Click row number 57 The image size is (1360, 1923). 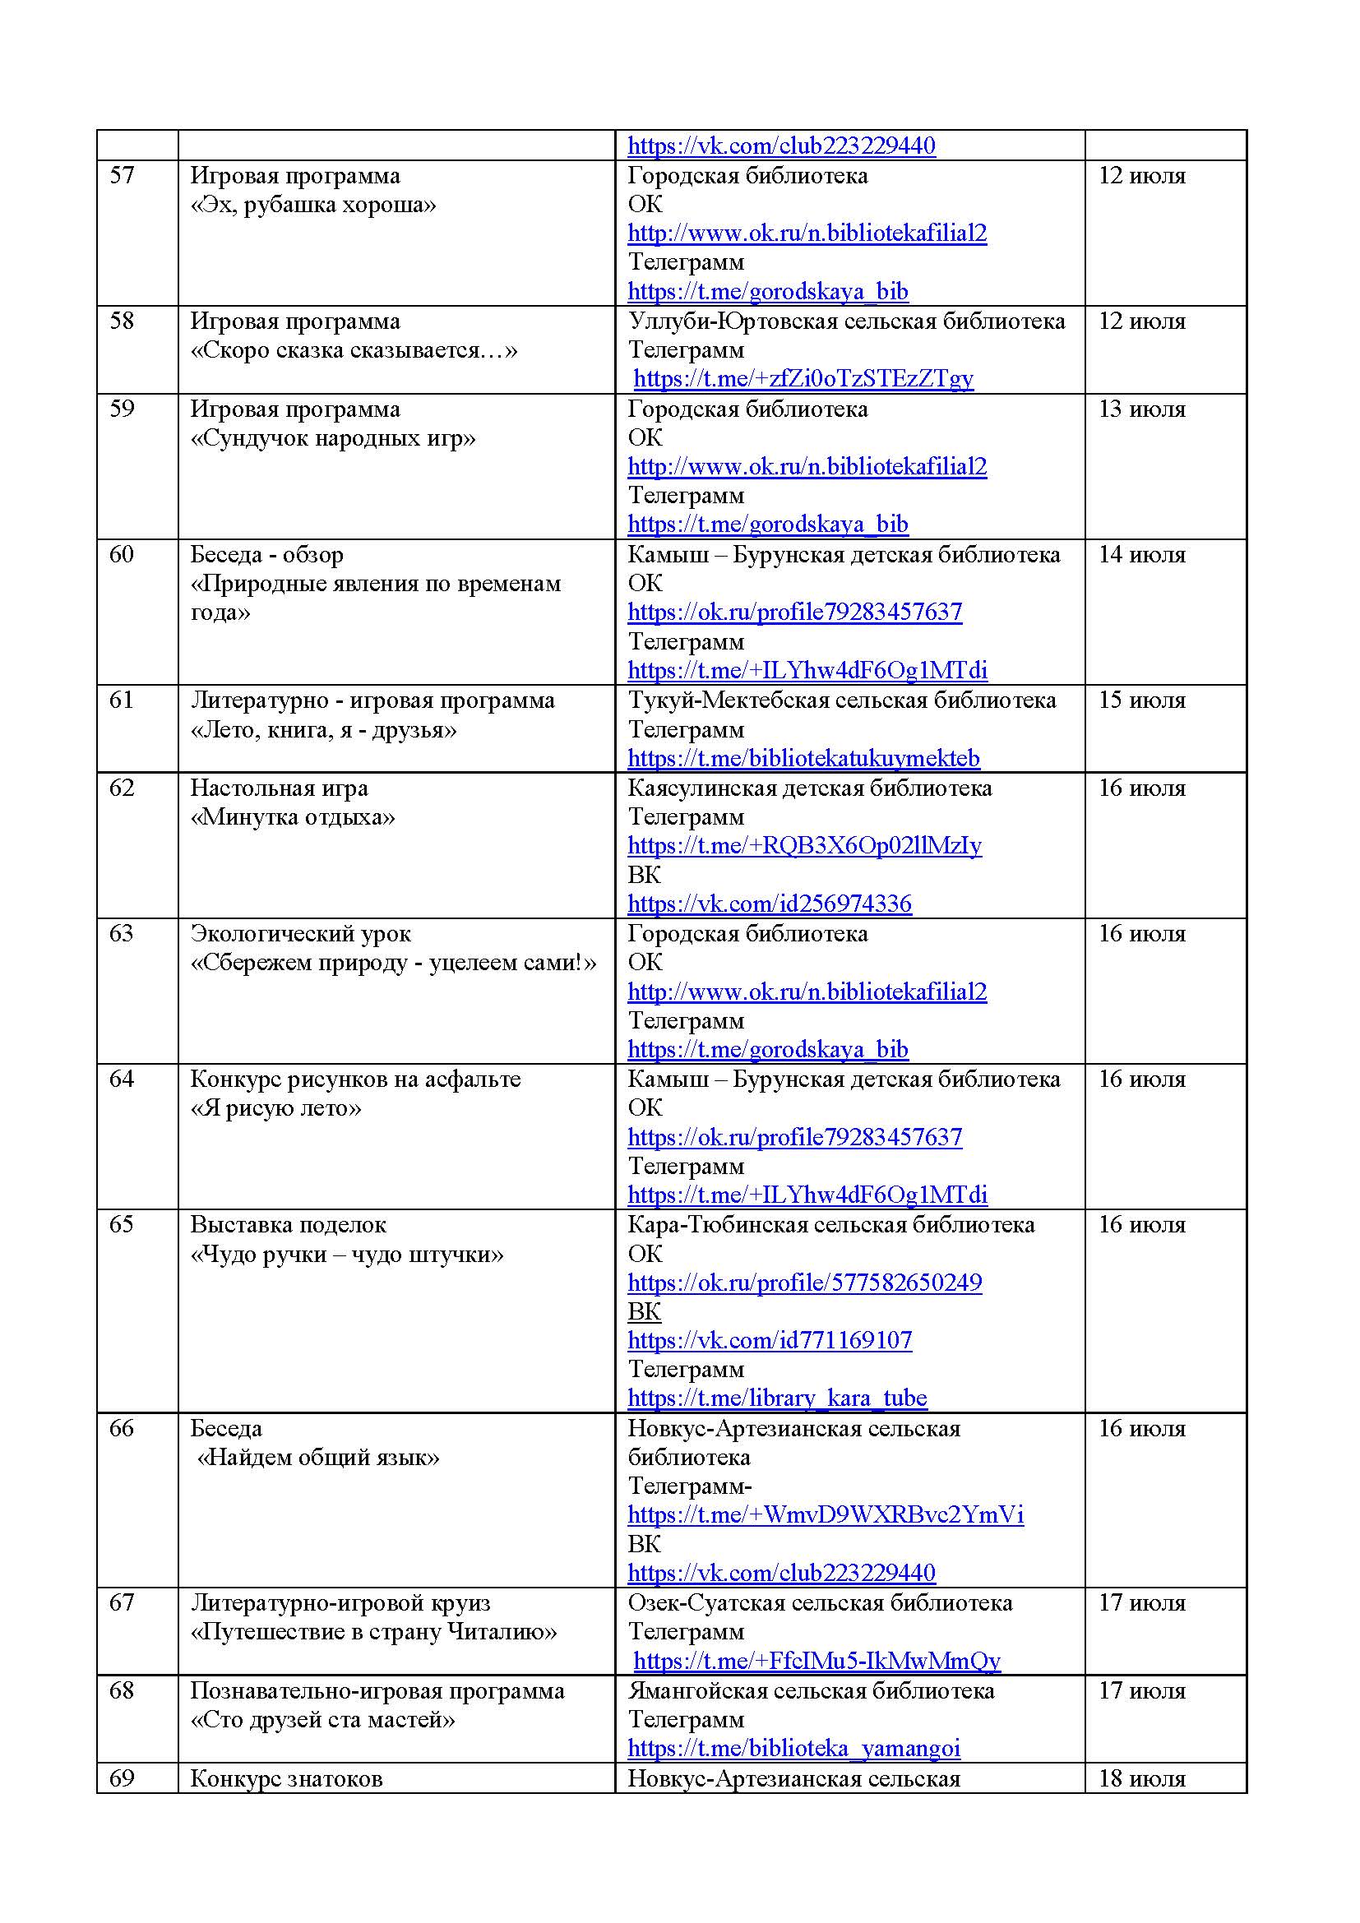[122, 176]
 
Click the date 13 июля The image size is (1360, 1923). [1141, 409]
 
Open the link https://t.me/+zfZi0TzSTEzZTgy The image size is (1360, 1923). [803, 378]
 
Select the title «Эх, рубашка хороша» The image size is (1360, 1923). [313, 205]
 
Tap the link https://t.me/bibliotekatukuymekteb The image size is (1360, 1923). [803, 758]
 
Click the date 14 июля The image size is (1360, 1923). [1141, 554]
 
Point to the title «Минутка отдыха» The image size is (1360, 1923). [292, 816]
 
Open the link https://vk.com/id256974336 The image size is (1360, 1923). [770, 904]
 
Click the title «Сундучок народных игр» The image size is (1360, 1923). [332, 438]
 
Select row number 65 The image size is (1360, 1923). [122, 1224]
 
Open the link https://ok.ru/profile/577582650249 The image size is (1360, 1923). [804, 1283]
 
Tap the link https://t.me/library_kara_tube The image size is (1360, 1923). [777, 1398]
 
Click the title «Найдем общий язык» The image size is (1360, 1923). [317, 1458]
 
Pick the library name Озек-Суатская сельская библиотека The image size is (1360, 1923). [820, 1602]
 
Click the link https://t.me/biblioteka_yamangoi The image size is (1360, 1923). [794, 1748]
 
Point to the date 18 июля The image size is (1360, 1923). [1141, 1778]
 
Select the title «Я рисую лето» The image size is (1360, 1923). [275, 1108]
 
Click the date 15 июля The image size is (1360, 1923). [1141, 700]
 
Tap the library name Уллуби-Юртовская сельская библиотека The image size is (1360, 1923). [846, 321]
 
